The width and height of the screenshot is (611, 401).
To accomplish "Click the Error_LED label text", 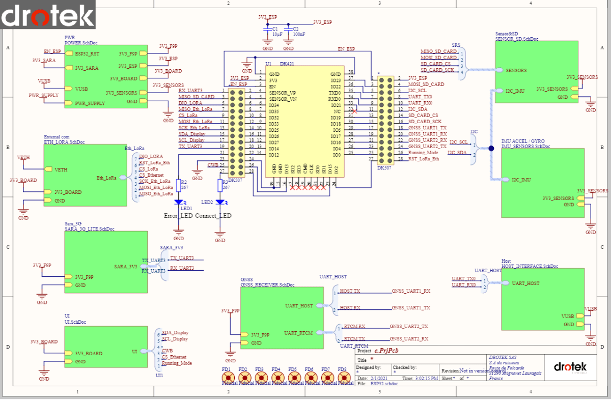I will pos(178,216).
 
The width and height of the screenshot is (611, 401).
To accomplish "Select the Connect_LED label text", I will pos(213,216).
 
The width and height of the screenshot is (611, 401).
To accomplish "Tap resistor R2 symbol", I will pos(179,185).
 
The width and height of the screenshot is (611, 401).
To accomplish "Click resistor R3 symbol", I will pos(220,185).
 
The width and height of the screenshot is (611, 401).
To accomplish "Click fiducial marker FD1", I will pos(227,378).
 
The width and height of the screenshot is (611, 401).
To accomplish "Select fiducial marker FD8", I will pos(345,378).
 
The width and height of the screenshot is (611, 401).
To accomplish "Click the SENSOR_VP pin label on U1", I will pos(282,93).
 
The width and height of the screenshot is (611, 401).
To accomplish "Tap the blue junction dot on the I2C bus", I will pos(491,149).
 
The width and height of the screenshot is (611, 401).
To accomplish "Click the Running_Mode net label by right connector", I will pos(423,153).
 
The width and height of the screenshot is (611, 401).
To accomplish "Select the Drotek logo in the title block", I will pos(570,367).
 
